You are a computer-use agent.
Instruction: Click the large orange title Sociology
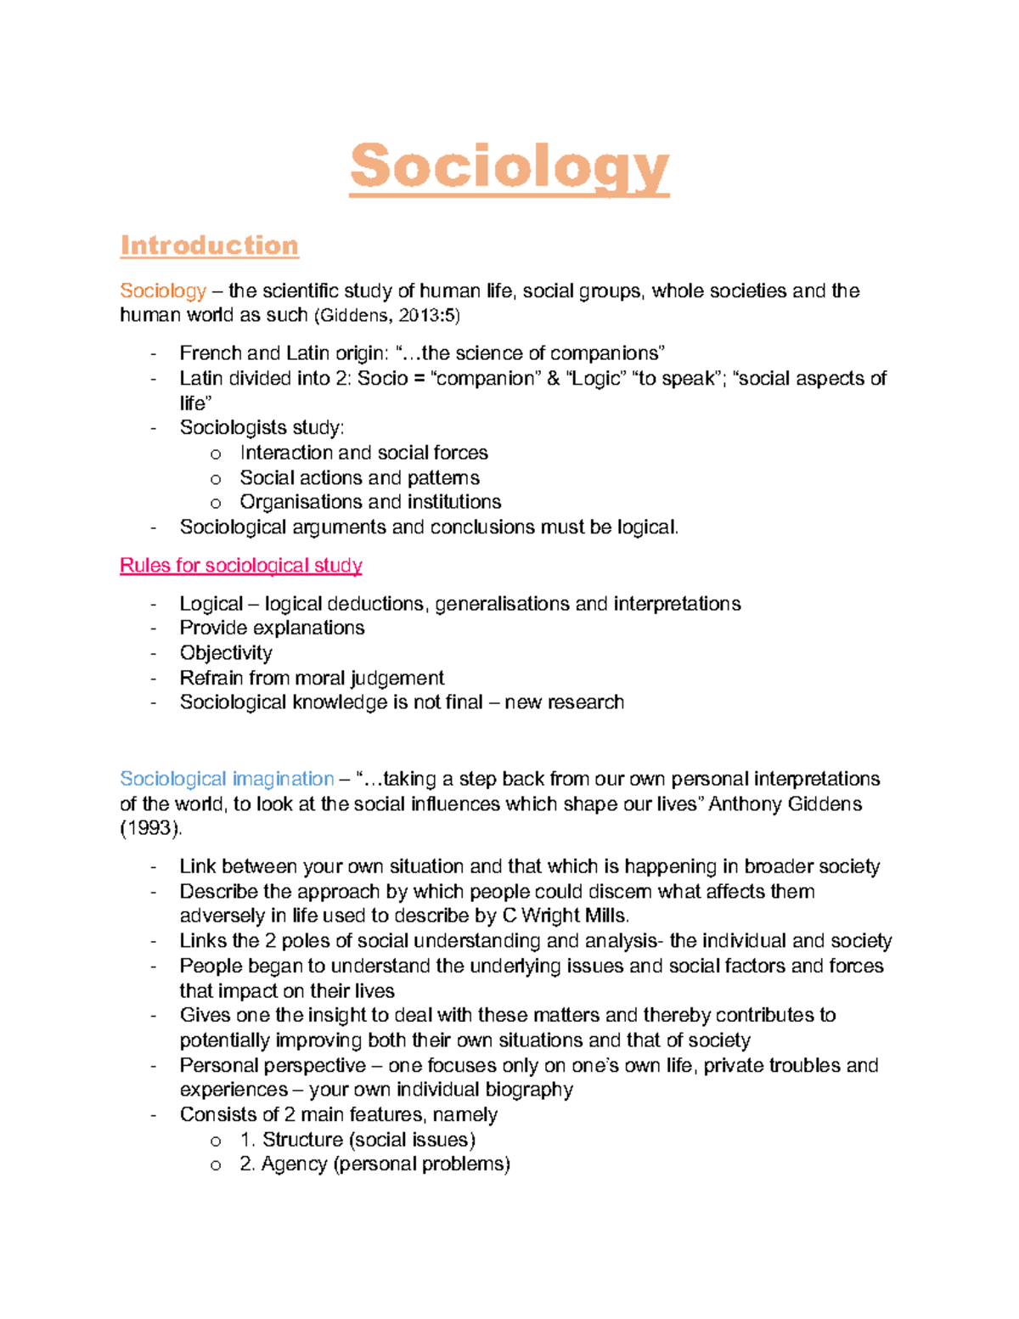point(509,167)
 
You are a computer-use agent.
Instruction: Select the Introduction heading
point(209,245)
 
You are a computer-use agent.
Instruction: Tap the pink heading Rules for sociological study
point(241,566)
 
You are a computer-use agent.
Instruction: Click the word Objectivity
point(226,653)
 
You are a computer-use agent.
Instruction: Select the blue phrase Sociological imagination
point(227,779)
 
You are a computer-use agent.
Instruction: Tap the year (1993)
point(149,828)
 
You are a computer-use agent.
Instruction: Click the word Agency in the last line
point(294,1164)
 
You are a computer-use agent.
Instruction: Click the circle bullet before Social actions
point(216,479)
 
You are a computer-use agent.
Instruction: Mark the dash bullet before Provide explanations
point(153,628)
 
